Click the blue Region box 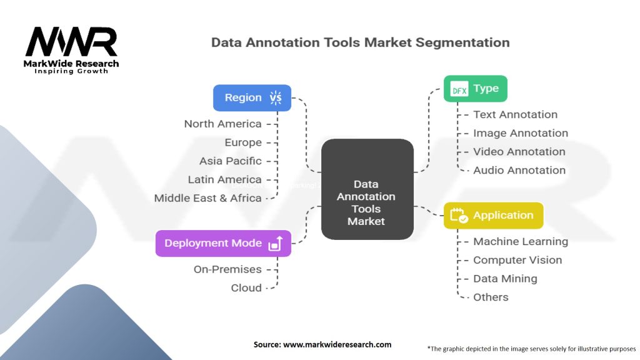[x=252, y=97]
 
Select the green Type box [x=475, y=89]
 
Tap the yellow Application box [x=492, y=216]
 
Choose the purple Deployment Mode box [x=223, y=243]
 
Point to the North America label [x=222, y=124]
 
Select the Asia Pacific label [x=230, y=161]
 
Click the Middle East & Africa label [x=207, y=198]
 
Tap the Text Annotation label [x=515, y=114]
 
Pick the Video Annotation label [x=519, y=151]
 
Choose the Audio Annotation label [x=519, y=170]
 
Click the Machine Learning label [x=520, y=241]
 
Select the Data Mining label [x=505, y=278]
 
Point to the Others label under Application [x=491, y=297]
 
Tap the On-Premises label [x=227, y=269]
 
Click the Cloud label [x=246, y=288]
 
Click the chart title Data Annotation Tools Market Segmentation [x=360, y=42]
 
